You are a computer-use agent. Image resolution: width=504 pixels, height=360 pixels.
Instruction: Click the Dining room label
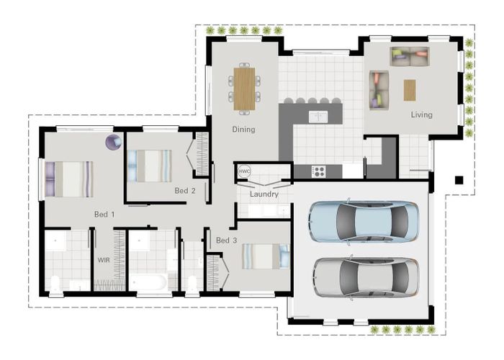click(x=243, y=130)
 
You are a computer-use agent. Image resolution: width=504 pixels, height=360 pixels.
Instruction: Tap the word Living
click(x=422, y=114)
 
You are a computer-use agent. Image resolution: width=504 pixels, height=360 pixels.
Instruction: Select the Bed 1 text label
click(x=104, y=214)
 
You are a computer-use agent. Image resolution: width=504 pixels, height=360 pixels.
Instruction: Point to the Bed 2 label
click(x=185, y=191)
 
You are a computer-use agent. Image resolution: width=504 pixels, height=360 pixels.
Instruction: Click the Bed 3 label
click(x=226, y=240)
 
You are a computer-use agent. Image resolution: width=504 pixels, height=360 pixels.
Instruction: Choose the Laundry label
click(x=264, y=194)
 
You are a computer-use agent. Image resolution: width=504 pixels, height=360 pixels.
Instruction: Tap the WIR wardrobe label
click(x=104, y=258)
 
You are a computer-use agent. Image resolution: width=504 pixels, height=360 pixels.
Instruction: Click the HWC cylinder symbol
click(x=244, y=172)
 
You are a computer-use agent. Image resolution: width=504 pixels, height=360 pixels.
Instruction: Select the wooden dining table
click(x=244, y=88)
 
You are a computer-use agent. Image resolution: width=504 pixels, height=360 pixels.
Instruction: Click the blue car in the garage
click(x=364, y=221)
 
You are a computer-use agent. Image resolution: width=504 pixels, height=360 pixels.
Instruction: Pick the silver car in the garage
click(x=365, y=276)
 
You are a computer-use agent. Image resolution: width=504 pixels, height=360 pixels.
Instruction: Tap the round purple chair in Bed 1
click(x=113, y=143)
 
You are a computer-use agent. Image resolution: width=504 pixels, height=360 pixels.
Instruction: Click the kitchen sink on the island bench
click(x=318, y=116)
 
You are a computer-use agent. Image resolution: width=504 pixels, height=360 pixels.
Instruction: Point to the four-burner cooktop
click(x=318, y=171)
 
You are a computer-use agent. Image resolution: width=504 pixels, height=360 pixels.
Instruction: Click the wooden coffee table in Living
click(x=410, y=89)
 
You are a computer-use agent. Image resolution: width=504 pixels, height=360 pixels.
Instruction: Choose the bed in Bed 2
click(x=150, y=165)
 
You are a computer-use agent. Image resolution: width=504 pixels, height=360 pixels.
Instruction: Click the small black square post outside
click(x=459, y=179)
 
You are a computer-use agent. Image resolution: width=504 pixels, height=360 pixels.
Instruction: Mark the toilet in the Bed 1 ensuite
click(x=55, y=283)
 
